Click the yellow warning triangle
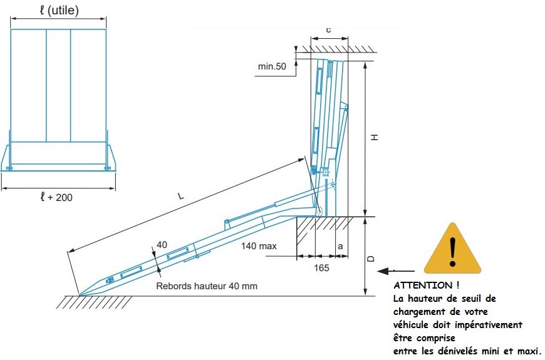452,250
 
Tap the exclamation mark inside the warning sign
452,252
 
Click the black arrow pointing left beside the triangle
396,270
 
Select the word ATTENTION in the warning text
423,285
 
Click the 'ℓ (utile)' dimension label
59,10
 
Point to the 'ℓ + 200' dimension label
56,197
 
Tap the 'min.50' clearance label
272,66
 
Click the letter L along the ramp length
181,196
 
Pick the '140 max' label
259,246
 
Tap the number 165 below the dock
321,268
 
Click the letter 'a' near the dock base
340,247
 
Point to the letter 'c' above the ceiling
328,30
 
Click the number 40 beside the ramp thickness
162,245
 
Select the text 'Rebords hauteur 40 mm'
207,286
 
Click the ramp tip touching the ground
80,296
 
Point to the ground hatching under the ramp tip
95,302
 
